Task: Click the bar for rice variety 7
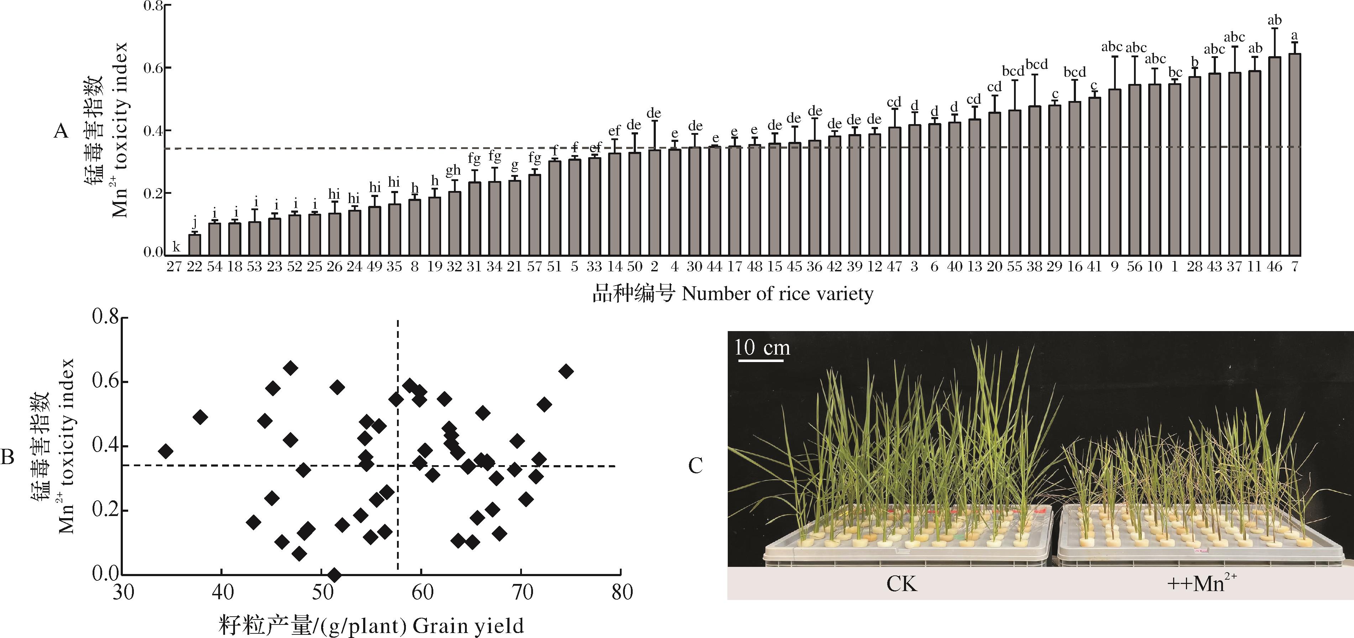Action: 1295,155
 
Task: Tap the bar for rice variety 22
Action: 194,245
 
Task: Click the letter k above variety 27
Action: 177,247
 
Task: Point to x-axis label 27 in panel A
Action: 174,267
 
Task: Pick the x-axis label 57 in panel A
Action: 534,267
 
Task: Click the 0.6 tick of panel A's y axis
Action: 153,68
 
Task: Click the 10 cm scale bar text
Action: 762,347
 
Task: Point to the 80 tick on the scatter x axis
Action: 622,592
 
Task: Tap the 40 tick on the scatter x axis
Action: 222,592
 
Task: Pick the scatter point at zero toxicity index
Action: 334,574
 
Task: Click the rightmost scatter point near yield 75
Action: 566,372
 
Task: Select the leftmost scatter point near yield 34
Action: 166,451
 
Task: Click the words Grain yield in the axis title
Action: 468,626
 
